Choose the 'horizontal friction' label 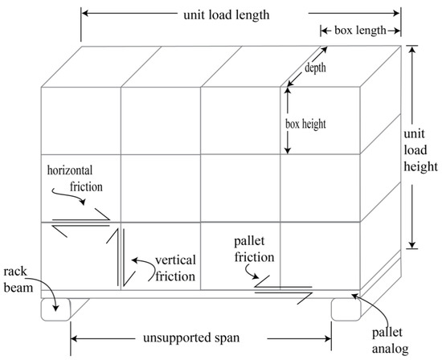(x=77, y=178)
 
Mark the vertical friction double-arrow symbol (x=121, y=256)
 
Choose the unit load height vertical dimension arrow (x=412, y=149)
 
